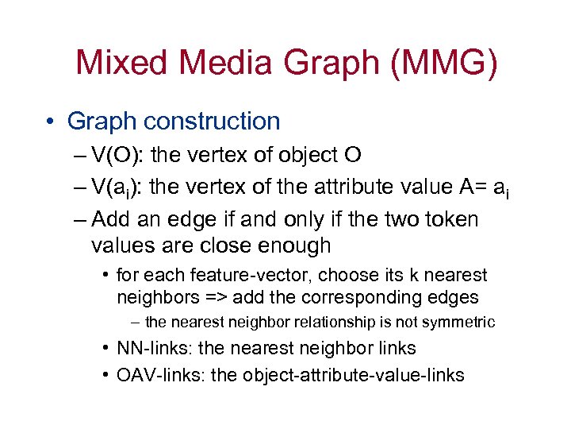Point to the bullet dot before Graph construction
[50, 122]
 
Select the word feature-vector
[226, 276]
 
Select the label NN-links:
[151, 348]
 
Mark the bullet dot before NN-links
[105, 348]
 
